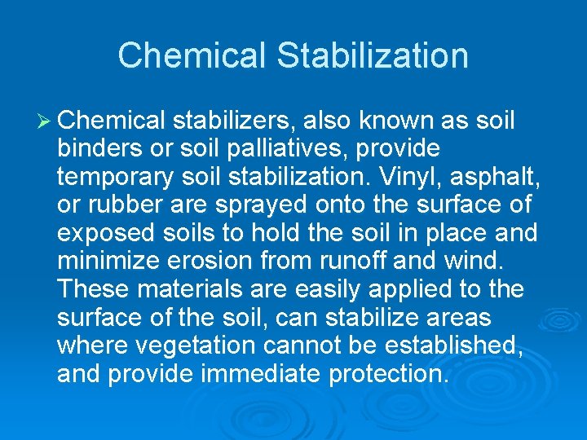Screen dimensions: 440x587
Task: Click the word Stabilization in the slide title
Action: coord(373,56)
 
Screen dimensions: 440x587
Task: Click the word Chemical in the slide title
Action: coord(192,56)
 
